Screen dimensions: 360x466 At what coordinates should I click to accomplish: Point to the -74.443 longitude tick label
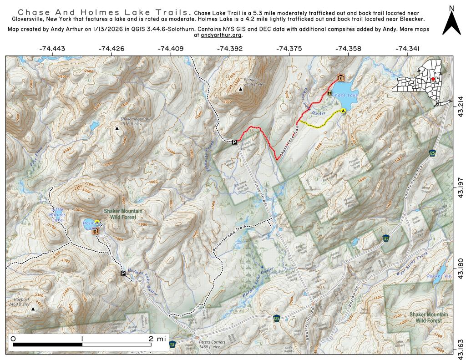coord(53,49)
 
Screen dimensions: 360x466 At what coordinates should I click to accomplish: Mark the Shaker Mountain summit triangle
coord(117,129)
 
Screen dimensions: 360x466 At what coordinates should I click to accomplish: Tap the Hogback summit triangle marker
coord(33,309)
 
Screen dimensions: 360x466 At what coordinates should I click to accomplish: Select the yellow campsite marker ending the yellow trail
coord(343,110)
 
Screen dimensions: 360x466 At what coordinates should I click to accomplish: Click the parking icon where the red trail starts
coord(234,142)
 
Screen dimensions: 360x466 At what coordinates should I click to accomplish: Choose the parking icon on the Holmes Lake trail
coord(123,274)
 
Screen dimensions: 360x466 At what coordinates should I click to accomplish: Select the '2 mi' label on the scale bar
coord(155,339)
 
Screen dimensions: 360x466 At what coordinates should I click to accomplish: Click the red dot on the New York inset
coord(433,79)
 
